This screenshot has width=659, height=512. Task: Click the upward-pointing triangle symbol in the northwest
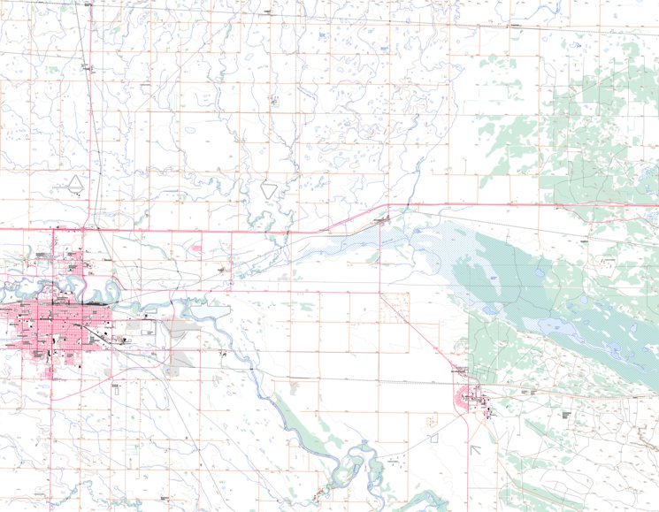point(77,183)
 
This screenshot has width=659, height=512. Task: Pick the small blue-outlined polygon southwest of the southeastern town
point(433,437)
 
